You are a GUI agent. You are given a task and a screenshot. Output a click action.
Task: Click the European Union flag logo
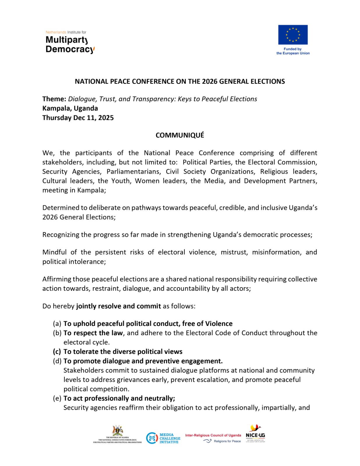[293, 35]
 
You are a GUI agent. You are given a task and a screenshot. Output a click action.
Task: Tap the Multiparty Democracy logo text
[70, 44]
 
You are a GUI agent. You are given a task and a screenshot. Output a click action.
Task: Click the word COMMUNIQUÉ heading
[180, 135]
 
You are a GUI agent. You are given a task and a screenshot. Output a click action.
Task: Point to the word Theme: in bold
[54, 99]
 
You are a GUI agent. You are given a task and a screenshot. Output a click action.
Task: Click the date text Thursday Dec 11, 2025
[78, 118]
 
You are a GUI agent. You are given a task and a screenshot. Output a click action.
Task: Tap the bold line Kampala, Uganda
[70, 108]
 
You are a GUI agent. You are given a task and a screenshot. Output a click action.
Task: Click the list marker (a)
[57, 324]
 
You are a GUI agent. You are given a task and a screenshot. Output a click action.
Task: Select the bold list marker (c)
[57, 352]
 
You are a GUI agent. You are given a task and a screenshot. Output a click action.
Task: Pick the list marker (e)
[57, 398]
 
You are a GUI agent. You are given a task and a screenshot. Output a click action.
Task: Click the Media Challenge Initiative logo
[163, 438]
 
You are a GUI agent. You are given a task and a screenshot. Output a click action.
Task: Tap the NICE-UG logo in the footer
[255, 434]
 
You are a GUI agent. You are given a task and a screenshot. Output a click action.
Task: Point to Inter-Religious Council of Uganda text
[213, 435]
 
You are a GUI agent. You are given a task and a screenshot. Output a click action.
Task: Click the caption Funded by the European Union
[293, 51]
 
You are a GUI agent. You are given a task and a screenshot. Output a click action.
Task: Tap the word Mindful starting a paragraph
[54, 252]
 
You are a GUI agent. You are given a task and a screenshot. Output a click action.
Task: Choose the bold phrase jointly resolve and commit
[119, 306]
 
